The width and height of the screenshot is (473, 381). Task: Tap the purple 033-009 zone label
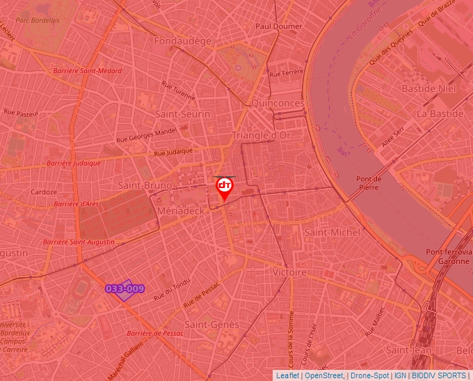[125, 288]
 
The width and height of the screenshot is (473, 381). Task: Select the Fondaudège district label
[183, 41]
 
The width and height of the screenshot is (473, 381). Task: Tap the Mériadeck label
[180, 210]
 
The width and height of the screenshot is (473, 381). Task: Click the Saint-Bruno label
[145, 185]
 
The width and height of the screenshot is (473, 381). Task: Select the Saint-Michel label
[332, 232]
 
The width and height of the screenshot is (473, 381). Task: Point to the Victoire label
[289, 272]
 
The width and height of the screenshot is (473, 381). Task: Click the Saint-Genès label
[211, 325]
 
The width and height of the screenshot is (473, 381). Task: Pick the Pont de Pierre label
[369, 182]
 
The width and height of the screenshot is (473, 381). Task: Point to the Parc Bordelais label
[38, 20]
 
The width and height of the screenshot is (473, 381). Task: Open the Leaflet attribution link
[287, 375]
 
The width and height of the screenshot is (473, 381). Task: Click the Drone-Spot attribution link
[369, 375]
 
